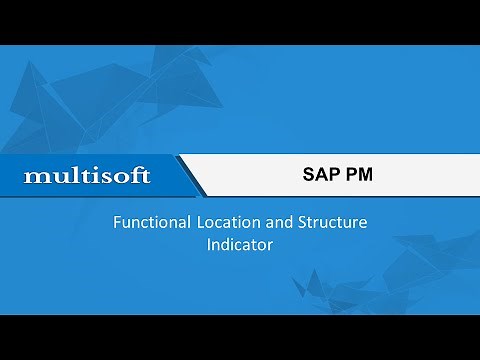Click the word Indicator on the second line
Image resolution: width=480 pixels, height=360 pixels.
pyautogui.click(x=239, y=243)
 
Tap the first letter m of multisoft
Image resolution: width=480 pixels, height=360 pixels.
pyautogui.click(x=34, y=177)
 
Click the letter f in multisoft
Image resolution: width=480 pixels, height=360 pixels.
pyautogui.click(x=136, y=175)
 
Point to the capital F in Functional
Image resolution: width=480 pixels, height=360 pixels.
pyautogui.click(x=116, y=223)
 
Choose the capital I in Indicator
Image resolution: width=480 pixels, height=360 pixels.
pyautogui.click(x=209, y=243)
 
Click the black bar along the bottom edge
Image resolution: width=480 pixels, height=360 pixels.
pyautogui.click(x=240, y=337)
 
